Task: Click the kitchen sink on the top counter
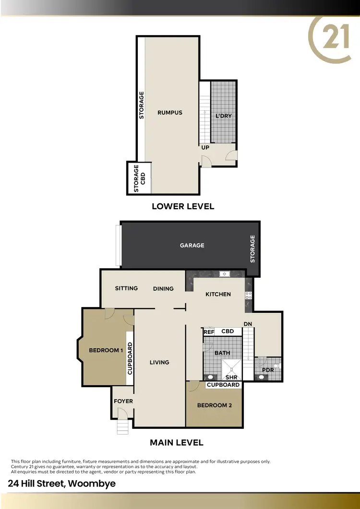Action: click(224, 274)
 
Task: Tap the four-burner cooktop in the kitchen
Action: click(249, 296)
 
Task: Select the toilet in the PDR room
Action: click(276, 367)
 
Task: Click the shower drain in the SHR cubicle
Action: click(232, 368)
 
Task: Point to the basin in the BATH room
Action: click(209, 377)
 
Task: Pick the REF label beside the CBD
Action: click(209, 331)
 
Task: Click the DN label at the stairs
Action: click(248, 324)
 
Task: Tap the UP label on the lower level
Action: click(205, 148)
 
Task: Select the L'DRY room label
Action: click(224, 116)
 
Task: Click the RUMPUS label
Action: click(170, 113)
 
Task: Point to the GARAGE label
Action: click(192, 245)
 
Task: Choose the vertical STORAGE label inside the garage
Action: click(252, 249)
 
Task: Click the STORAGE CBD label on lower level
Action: click(139, 178)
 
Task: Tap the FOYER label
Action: click(123, 401)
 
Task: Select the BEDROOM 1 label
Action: click(106, 350)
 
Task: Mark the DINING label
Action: click(163, 288)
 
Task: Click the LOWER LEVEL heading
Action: click(183, 206)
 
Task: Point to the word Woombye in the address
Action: click(92, 483)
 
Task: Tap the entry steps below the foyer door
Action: click(123, 426)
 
